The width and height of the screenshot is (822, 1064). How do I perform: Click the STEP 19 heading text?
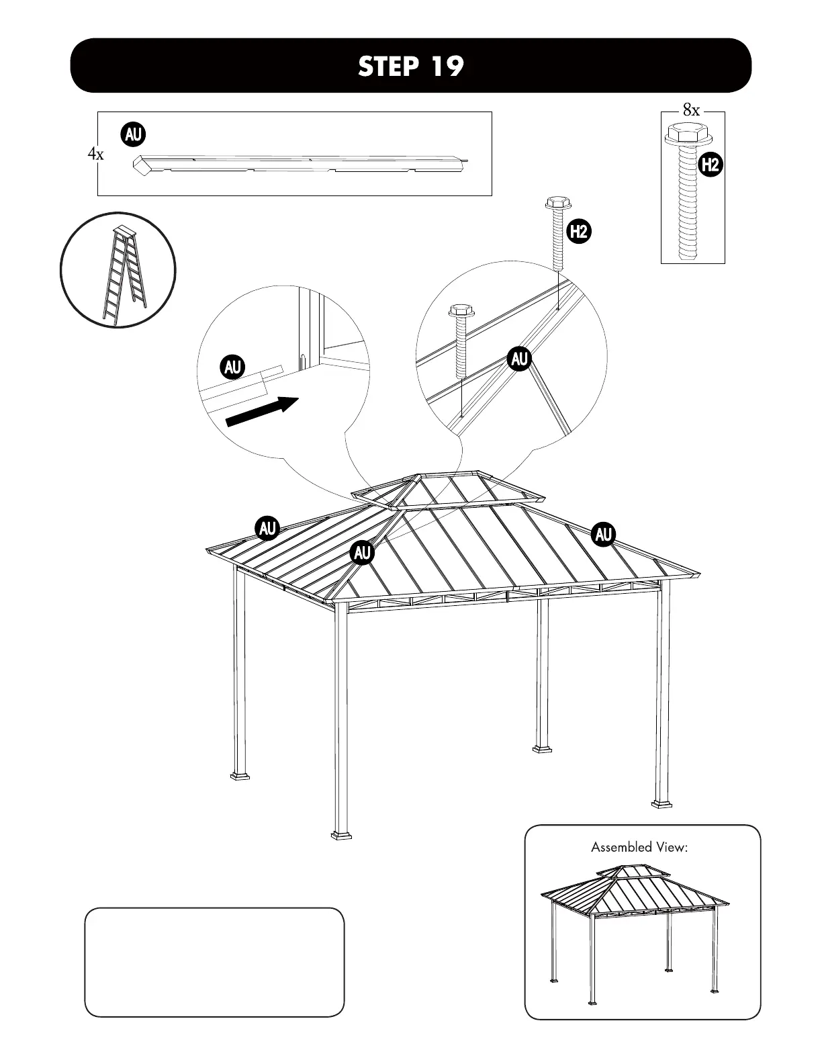pos(410,66)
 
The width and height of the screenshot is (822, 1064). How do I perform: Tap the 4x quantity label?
pos(95,154)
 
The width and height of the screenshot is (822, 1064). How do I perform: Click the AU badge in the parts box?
pos(133,134)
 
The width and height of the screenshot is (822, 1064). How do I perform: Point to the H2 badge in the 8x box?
pos(710,165)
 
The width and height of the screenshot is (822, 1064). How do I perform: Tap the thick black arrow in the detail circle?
pos(262,410)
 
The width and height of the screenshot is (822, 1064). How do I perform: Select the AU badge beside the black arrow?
pos(232,367)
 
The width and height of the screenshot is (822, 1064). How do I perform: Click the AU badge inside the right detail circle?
pos(520,359)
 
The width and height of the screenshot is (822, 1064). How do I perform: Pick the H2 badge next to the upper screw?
pos(578,232)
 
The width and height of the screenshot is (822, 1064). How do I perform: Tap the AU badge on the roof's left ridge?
pos(268,529)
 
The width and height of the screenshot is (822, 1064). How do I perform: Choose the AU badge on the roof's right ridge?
pos(603,535)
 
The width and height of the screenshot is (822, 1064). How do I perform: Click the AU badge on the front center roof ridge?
pos(362,553)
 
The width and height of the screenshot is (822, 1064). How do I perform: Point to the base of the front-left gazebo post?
pos(341,834)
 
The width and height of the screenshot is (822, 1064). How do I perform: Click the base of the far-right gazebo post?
pos(662,802)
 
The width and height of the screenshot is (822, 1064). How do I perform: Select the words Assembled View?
pos(639,847)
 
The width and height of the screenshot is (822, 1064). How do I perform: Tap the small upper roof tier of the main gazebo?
pos(450,488)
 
